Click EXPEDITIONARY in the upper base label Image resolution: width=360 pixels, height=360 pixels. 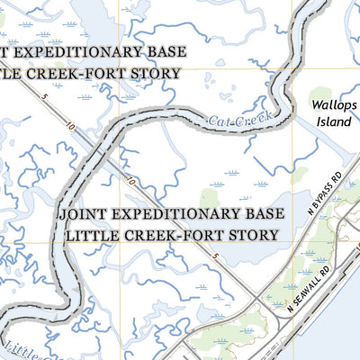pos(78,51)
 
